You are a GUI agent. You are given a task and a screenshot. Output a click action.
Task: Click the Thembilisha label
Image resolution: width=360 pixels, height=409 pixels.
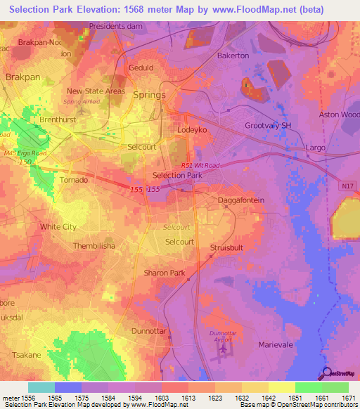[94, 247]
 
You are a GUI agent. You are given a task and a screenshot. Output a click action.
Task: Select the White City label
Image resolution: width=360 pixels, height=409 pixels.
[58, 227]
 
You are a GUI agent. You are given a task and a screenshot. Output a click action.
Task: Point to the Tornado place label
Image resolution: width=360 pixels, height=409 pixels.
[73, 181]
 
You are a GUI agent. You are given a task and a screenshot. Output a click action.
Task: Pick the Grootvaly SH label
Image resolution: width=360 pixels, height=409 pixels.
[266, 126]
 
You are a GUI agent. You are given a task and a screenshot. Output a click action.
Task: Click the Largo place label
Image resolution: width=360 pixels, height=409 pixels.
[315, 148]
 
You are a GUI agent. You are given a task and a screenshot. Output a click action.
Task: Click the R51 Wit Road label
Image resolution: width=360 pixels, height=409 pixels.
[200, 165]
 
